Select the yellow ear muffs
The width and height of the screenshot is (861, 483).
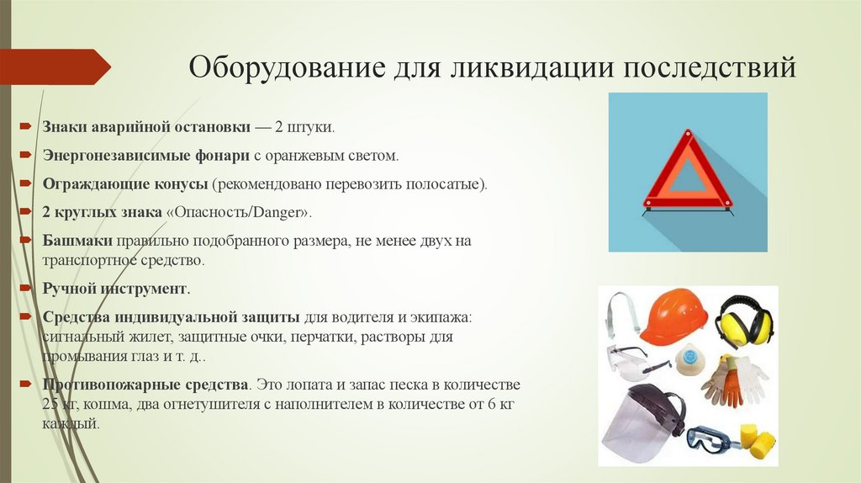pos(742,321)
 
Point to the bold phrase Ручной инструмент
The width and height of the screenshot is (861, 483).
pos(115,289)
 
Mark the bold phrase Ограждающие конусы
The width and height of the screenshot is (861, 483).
pos(125,183)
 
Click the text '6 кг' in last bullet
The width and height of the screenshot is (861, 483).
pos(497,405)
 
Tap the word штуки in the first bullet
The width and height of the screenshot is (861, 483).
pos(310,128)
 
